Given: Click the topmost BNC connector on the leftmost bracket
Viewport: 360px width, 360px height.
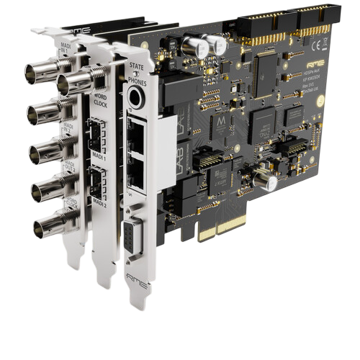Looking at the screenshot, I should (36, 71).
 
